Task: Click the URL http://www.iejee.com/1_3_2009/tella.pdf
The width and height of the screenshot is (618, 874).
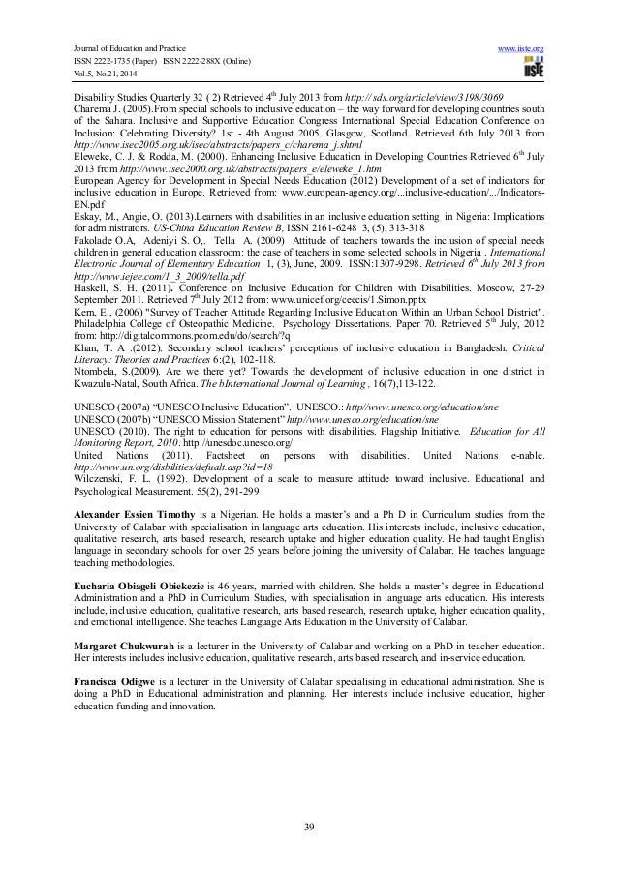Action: (x=149, y=253)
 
